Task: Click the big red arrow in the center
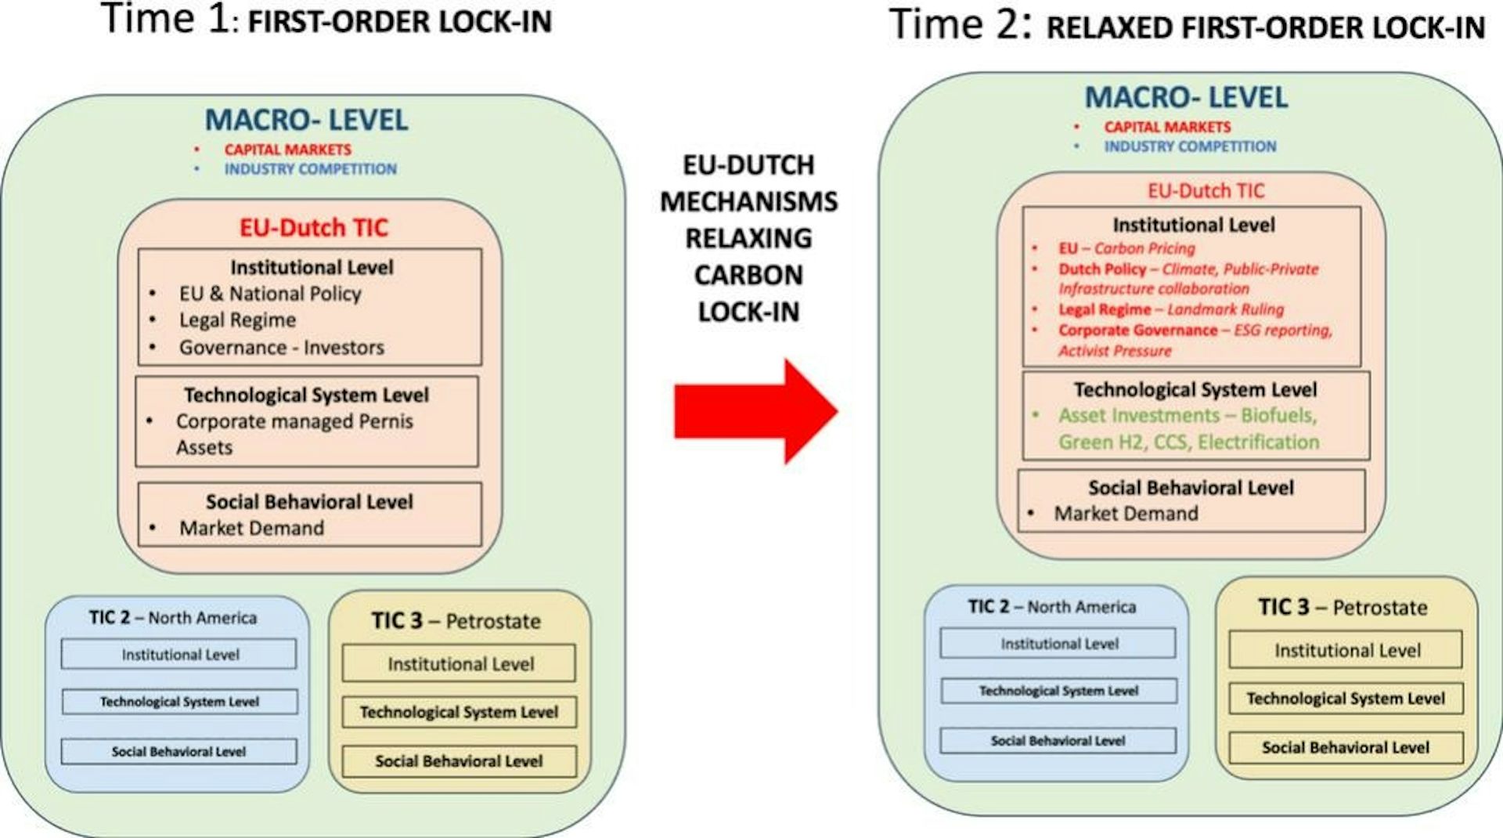756,411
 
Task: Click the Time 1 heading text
326,19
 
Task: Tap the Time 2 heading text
1188,24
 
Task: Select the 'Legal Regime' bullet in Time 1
237,320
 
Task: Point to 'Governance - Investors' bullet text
282,347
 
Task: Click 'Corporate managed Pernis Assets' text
294,434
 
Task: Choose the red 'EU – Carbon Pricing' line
1126,248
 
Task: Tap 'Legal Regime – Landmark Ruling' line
1171,309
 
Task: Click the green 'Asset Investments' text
1188,428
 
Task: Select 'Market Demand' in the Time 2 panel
1126,514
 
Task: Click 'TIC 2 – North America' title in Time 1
173,618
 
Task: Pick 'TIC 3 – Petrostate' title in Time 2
1343,607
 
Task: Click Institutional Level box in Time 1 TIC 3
460,663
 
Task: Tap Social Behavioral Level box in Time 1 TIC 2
179,752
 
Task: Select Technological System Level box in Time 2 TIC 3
1346,699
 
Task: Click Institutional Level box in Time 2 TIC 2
1058,644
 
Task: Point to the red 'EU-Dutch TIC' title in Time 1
313,228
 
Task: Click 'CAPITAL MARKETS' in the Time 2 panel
1167,127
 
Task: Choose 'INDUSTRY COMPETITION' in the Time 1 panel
310,169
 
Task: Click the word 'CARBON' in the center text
748,275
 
